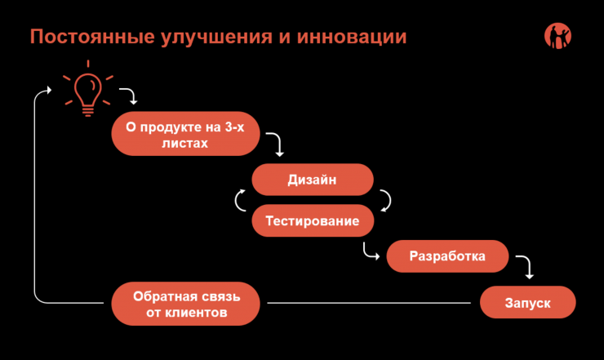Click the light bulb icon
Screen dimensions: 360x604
point(87,91)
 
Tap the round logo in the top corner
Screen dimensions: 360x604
point(557,36)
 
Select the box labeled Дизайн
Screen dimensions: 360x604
point(313,180)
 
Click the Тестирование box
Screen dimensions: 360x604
point(313,220)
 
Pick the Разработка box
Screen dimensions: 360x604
point(447,256)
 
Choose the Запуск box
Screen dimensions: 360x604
point(527,303)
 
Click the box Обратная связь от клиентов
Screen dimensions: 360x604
point(187,303)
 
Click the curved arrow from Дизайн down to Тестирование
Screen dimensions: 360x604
point(385,200)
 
